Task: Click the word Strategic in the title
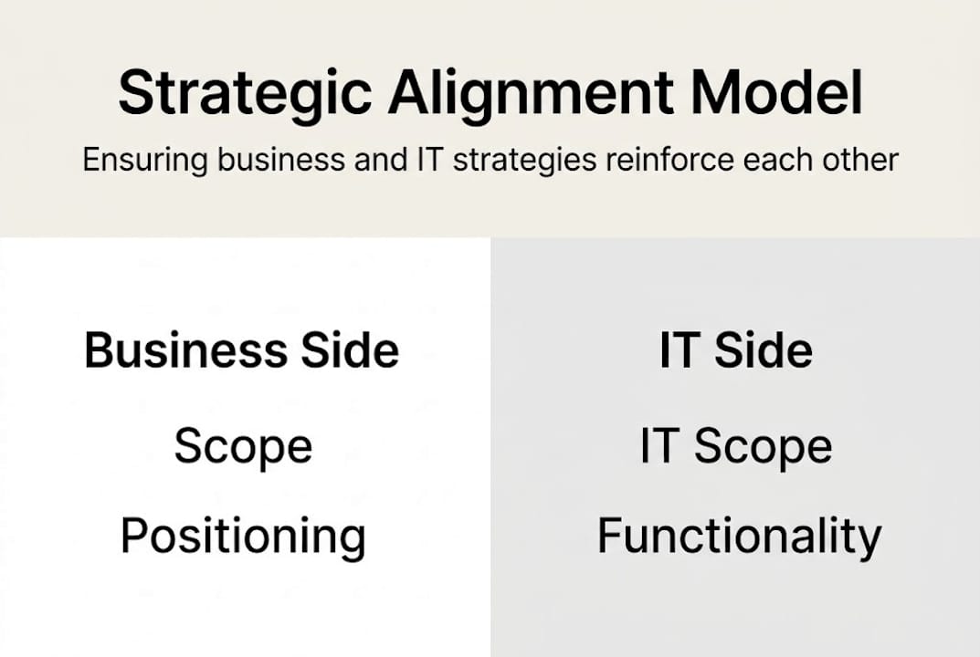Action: click(245, 93)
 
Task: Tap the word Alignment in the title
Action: click(531, 93)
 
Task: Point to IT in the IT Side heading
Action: click(677, 351)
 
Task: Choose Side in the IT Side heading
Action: click(764, 351)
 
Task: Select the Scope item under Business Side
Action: click(243, 447)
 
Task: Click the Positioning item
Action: click(243, 537)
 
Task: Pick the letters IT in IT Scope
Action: click(657, 447)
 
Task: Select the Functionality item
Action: click(739, 537)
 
